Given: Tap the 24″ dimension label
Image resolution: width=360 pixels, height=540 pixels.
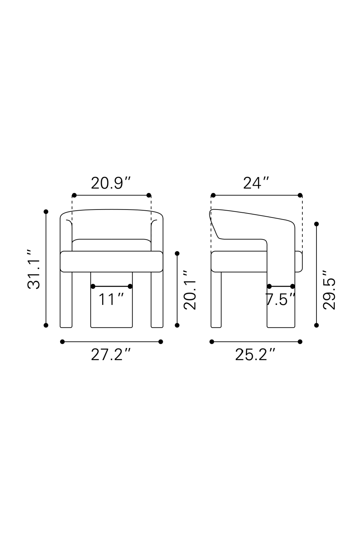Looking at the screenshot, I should [x=256, y=183].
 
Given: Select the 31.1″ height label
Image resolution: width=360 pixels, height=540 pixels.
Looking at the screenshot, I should [x=34, y=269].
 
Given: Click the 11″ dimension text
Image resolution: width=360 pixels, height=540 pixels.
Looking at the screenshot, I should [x=111, y=300].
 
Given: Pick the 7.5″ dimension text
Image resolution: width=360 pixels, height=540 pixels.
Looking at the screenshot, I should [x=280, y=300].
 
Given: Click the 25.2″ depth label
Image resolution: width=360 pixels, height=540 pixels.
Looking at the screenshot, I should [x=255, y=355].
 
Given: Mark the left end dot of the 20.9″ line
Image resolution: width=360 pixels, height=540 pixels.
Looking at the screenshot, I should [x=74, y=195].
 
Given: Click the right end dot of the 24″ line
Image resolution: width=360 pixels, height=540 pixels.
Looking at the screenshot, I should [x=300, y=195].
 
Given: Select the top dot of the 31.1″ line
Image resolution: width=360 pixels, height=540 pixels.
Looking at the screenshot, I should [x=46, y=212].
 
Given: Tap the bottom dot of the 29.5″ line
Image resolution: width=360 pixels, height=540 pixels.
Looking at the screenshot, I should [x=316, y=325].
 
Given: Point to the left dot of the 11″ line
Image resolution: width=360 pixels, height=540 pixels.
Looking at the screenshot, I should [x=93, y=286].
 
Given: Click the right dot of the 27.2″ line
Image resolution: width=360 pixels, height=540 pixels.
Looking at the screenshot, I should [x=161, y=342].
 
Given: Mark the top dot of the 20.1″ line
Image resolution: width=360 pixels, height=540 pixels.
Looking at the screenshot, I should [x=177, y=253].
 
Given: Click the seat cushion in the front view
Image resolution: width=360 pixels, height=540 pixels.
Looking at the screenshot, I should [x=112, y=261].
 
